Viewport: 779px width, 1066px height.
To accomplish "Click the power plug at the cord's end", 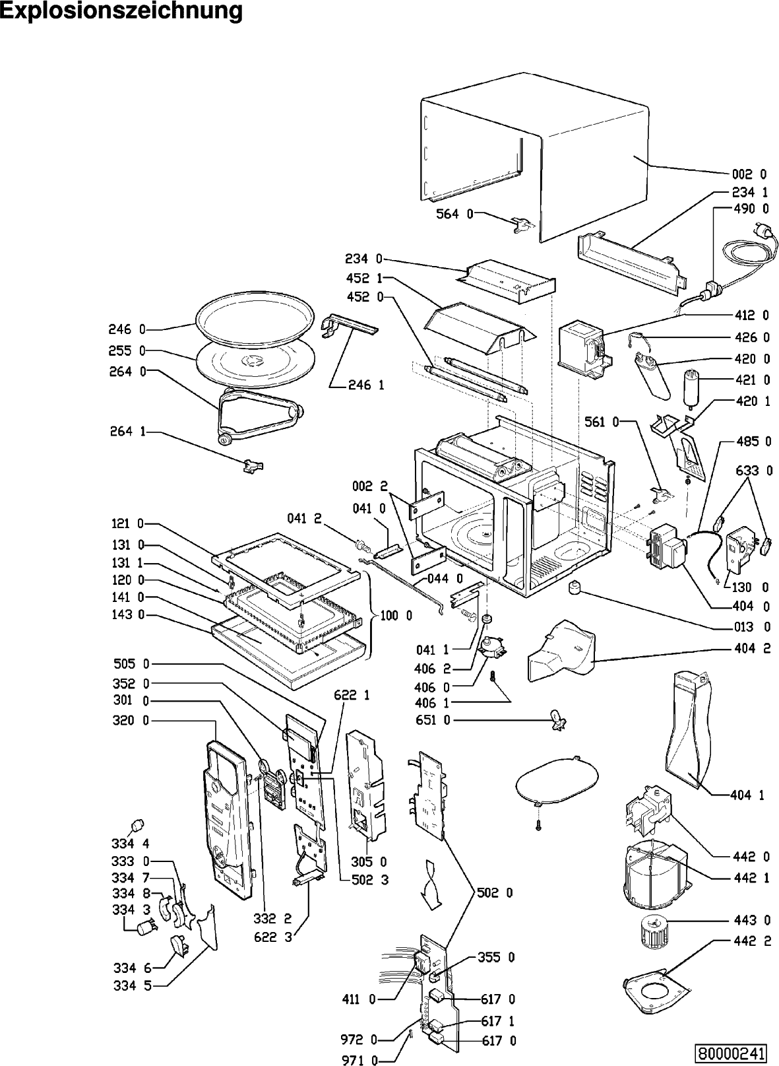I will (x=766, y=231).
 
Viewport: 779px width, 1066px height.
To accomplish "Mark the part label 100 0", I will (x=396, y=615).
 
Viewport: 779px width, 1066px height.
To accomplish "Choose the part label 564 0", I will (x=454, y=214).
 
